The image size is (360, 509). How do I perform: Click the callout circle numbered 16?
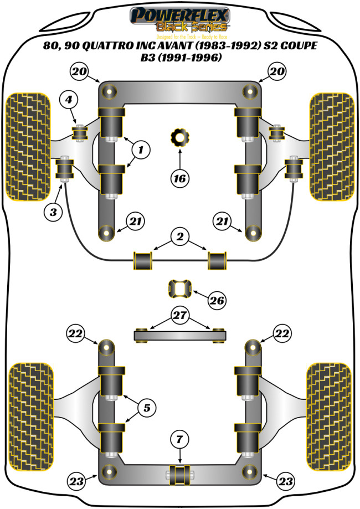click(179, 178)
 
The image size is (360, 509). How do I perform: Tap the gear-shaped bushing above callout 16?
click(179, 136)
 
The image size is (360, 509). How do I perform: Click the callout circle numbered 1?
click(141, 149)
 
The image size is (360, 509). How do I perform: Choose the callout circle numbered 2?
click(179, 237)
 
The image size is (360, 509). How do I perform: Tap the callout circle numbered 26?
click(217, 301)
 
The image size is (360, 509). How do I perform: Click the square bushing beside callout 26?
click(180, 289)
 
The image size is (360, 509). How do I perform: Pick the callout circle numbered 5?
click(146, 409)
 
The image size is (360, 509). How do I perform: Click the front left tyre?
click(27, 146)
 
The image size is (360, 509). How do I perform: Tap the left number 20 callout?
click(79, 71)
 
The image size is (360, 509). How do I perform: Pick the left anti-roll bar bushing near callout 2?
click(143, 260)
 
